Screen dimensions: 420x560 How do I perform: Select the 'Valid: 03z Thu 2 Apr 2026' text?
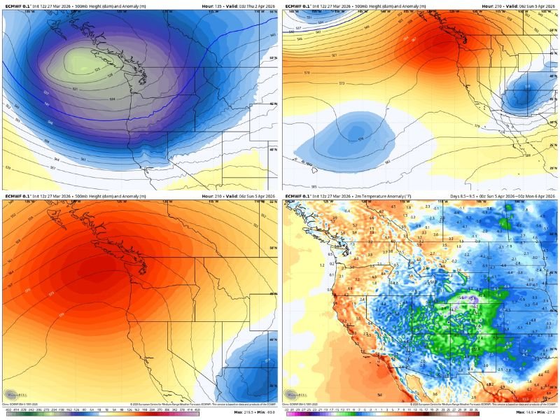click(249, 5)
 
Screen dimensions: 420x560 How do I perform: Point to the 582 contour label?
click(387, 161)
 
